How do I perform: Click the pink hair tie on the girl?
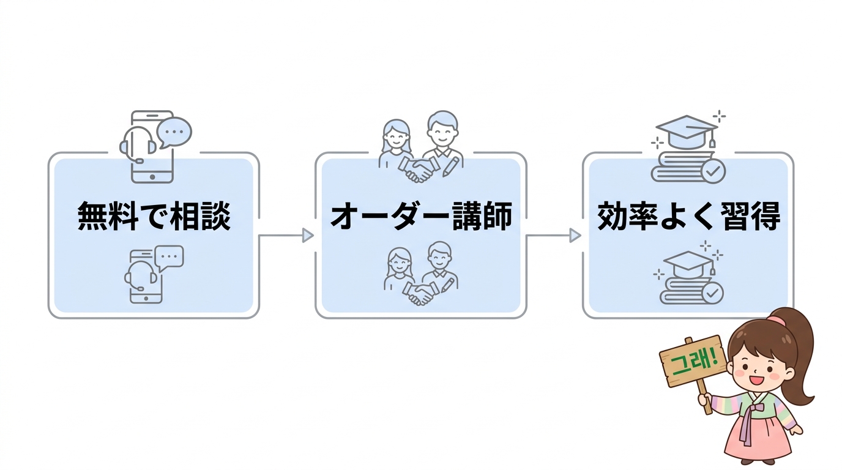tap(777, 320)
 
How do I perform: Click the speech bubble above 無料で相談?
tap(174, 132)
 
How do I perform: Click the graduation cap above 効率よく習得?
tap(685, 132)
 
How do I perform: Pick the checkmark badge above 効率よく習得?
tap(713, 171)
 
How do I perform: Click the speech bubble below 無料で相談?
tap(169, 258)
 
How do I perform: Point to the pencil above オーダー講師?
tap(451, 165)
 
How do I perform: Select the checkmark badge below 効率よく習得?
tap(712, 293)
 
